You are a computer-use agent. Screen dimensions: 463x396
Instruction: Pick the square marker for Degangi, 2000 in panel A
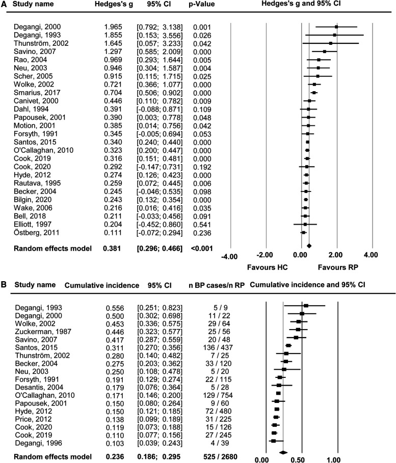coord(336,26)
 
